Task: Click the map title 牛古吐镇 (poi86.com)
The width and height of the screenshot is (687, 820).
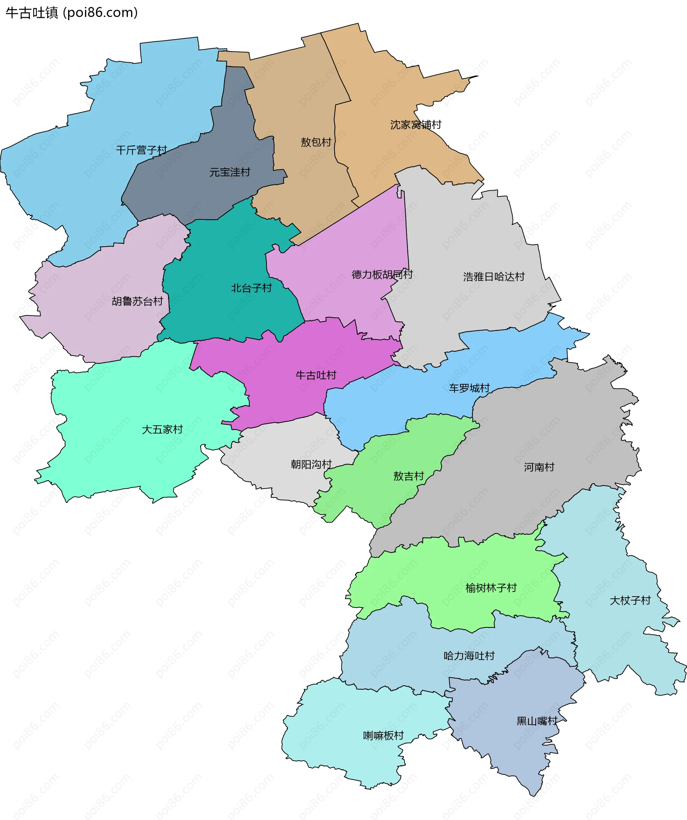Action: (72, 13)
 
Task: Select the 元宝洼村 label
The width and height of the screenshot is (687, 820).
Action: (230, 172)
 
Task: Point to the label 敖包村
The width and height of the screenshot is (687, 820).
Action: (316, 142)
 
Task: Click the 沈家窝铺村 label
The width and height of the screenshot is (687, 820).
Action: (416, 124)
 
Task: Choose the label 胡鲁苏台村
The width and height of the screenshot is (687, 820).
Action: (137, 301)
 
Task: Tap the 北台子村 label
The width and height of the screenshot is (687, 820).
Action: (251, 288)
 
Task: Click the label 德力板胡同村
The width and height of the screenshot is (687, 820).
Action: (382, 275)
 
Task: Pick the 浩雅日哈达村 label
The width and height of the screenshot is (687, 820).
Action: (493, 277)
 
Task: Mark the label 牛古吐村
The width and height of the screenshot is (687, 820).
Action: (316, 375)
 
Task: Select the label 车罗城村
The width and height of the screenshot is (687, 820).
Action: (469, 388)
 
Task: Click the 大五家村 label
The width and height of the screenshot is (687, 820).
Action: (162, 430)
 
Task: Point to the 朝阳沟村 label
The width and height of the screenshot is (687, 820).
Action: (311, 464)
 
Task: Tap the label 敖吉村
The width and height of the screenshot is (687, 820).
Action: (408, 476)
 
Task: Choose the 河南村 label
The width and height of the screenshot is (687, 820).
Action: (539, 467)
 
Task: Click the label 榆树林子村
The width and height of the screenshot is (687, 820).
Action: (491, 588)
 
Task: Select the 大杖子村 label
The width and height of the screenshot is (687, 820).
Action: (630, 601)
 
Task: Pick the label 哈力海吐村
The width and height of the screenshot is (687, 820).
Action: (469, 656)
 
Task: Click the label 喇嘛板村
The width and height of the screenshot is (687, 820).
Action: (383, 736)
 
